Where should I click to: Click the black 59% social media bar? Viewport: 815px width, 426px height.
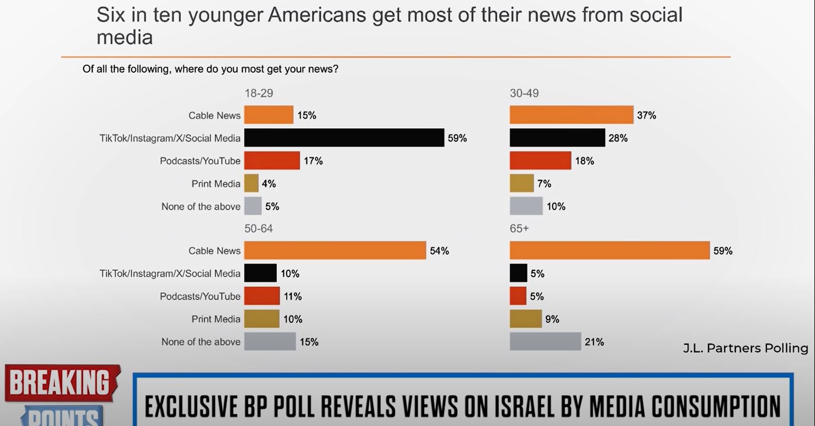[344, 138]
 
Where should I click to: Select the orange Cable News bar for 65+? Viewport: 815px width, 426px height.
[609, 251]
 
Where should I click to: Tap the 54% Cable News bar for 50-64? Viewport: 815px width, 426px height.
[335, 251]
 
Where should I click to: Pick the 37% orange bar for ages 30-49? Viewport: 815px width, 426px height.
[572, 115]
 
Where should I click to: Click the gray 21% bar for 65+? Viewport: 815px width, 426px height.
[545, 342]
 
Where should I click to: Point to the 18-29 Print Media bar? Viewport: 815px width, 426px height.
[251, 183]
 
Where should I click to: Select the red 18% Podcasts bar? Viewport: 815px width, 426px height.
[540, 161]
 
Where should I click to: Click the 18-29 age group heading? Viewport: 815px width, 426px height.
[259, 93]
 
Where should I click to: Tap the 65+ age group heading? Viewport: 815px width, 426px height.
[519, 228]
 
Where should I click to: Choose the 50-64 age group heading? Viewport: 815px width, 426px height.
[259, 228]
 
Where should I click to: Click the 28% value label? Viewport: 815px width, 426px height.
[618, 138]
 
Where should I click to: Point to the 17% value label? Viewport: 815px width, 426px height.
[313, 161]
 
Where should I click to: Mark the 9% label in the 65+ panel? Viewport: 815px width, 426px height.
[552, 319]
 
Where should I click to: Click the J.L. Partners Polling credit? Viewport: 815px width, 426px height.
[745, 348]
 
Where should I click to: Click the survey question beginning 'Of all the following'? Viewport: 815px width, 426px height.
[210, 69]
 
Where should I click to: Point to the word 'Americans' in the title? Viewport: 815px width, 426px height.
[317, 15]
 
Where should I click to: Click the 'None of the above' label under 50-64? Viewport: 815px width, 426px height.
[201, 342]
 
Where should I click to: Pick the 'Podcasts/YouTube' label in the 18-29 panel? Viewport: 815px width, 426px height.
[200, 161]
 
